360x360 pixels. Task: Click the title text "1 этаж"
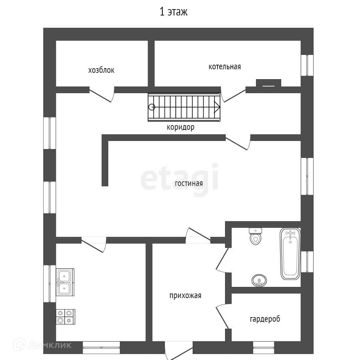(174, 12)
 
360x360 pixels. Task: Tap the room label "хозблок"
(101, 70)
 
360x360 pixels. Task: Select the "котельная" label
(225, 66)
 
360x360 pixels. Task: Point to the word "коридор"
(180, 127)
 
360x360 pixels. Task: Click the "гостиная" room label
(189, 183)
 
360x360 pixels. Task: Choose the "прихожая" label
(185, 295)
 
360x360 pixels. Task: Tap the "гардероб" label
(265, 319)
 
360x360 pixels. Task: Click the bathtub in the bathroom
(290, 253)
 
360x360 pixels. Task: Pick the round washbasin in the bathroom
(259, 281)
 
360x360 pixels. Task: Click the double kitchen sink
(65, 282)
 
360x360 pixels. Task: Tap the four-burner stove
(65, 316)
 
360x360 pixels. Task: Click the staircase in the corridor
(184, 107)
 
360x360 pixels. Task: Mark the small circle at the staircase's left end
(152, 107)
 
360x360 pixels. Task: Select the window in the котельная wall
(307, 65)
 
